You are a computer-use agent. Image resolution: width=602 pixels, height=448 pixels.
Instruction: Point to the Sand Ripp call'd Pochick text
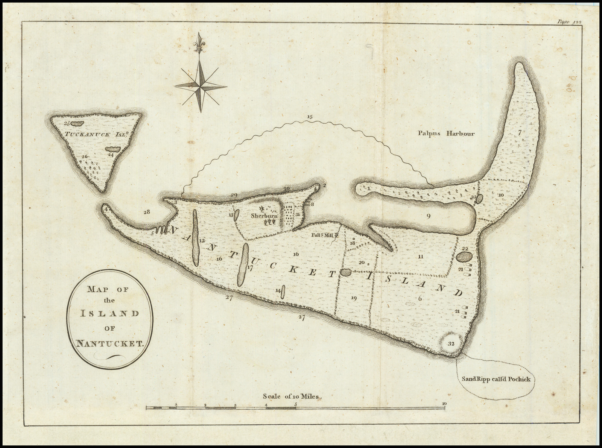click(x=496, y=379)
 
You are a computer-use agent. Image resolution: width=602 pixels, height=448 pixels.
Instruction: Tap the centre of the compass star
click(x=200, y=86)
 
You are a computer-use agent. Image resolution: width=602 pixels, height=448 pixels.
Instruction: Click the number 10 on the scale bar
click(x=444, y=404)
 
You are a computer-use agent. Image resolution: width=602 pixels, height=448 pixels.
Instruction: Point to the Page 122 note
click(x=570, y=22)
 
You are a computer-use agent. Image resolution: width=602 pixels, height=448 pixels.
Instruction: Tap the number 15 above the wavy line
click(x=309, y=117)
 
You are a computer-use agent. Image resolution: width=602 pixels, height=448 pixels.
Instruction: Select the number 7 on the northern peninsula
click(x=520, y=132)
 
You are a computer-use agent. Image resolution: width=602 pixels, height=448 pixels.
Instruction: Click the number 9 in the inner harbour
click(x=428, y=216)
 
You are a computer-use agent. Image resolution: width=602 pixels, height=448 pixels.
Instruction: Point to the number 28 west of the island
click(x=146, y=212)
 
